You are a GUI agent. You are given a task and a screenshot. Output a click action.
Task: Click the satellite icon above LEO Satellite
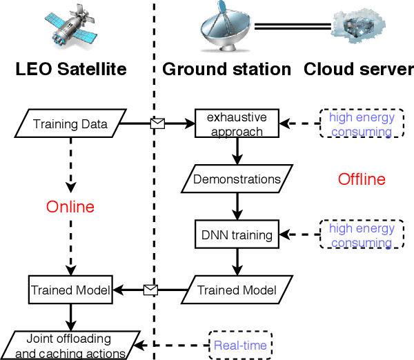pos(68,32)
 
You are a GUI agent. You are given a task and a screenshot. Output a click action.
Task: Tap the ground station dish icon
pos(225,30)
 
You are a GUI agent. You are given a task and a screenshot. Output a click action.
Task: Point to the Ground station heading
pos(226,69)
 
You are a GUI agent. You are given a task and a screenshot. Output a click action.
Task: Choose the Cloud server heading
pos(359,69)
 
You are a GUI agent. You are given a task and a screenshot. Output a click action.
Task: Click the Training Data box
pos(70,124)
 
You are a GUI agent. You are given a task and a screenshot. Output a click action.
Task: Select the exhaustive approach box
pos(237,124)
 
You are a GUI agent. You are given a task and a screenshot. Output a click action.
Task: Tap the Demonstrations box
pos(237,179)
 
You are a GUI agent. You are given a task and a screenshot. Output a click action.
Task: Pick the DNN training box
pos(237,235)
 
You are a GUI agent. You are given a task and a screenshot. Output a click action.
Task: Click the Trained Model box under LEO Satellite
pos(70,290)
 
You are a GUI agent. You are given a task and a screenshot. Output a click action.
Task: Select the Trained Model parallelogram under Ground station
pos(237,290)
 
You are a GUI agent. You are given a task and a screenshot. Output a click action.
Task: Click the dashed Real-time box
pos(240,346)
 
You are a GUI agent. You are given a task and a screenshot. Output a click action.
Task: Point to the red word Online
pos(70,207)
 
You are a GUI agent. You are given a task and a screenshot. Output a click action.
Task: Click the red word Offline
pos(361,179)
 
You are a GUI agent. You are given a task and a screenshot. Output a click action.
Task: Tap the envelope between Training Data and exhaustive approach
pos(158,124)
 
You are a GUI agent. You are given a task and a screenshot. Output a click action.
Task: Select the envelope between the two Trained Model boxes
pos(150,290)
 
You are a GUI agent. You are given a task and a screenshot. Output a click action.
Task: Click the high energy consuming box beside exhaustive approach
pos(362,124)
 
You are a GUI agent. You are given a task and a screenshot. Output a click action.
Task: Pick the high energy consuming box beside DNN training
pos(362,235)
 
